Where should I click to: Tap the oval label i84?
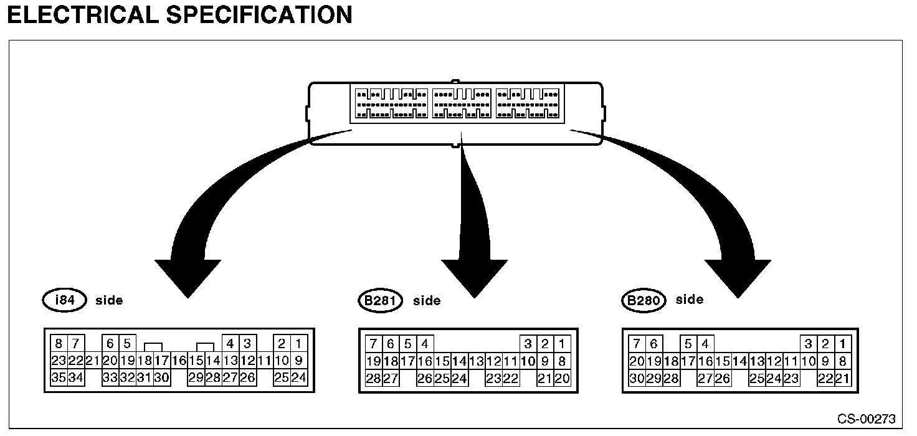coord(65,300)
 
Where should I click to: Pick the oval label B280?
coord(644,301)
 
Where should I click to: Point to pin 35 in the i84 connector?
coord(59,377)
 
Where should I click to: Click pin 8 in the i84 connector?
coord(59,343)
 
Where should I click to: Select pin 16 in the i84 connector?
coord(179,360)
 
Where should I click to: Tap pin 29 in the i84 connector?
coord(196,377)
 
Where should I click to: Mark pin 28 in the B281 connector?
coord(374,378)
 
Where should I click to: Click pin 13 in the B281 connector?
coord(477,361)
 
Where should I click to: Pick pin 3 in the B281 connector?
coord(528,344)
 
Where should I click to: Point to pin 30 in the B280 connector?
coord(637,378)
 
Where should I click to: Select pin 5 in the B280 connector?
coord(688,344)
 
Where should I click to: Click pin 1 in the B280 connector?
coord(842,344)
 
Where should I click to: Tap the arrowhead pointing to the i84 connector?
coord(187,274)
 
